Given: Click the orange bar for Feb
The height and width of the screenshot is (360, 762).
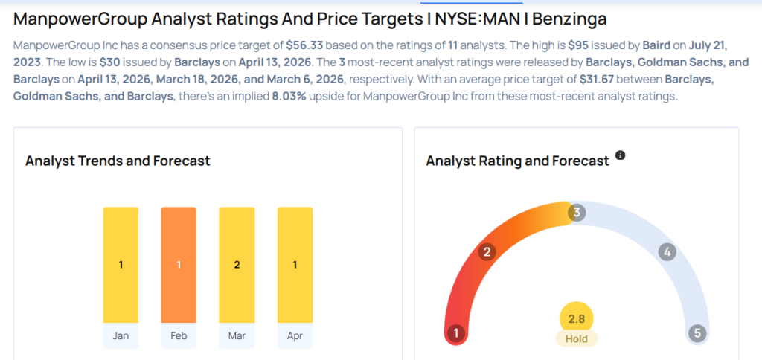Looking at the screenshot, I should tap(179, 265).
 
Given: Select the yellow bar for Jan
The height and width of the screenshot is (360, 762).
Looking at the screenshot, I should tap(121, 265).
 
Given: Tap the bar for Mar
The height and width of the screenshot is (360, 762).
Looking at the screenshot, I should tap(237, 265).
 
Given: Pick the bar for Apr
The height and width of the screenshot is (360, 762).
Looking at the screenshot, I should tap(295, 265).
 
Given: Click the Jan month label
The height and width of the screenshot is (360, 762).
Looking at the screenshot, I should tap(121, 335).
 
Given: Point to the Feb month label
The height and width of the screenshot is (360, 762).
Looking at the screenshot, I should tap(179, 335).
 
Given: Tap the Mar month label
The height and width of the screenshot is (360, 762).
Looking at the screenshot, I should tap(237, 335).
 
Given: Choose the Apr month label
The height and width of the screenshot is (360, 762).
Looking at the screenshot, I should tap(295, 335).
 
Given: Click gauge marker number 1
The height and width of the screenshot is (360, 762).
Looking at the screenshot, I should tap(455, 333).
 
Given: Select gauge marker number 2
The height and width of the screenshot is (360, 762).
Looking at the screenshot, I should tap(487, 251).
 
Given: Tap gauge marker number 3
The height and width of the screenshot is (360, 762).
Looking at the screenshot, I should tap(576, 213).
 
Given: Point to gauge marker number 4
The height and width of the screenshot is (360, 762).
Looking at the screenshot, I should tap(667, 252).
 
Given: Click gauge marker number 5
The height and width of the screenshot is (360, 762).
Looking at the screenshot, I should tap(697, 333).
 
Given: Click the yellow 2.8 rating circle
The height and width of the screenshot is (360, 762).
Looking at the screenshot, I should tap(576, 318).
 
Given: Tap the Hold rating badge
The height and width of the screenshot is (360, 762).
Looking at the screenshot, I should tap(576, 338).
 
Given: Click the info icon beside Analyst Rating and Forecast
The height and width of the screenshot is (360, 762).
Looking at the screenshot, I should tap(620, 156).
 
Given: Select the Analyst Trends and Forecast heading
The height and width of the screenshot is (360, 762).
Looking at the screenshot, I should tap(118, 161).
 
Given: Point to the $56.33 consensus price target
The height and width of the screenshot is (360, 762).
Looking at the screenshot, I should tap(304, 45).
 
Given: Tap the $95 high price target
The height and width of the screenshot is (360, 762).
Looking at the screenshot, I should tap(577, 45).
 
